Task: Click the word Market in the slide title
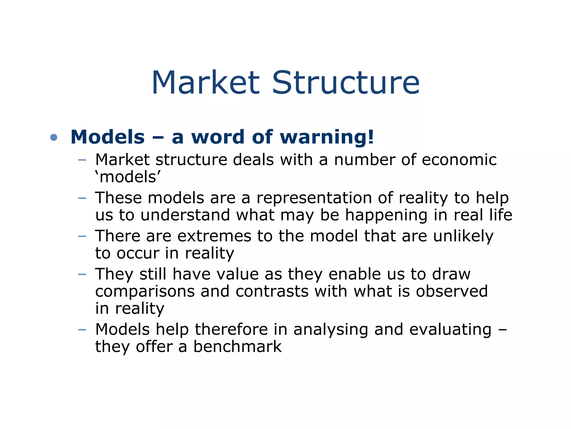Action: tap(206, 83)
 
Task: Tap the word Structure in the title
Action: tap(346, 83)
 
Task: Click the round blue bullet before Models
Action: tap(54, 137)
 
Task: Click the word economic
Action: tap(459, 160)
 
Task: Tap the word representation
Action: tap(314, 198)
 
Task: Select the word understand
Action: tap(185, 215)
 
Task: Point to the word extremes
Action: tap(214, 236)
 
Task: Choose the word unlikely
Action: tap(463, 237)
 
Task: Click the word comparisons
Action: tap(145, 292)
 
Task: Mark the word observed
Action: tap(452, 291)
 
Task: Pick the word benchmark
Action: tap(238, 347)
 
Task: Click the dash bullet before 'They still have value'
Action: tap(82, 274)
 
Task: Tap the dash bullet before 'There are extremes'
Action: tap(82, 236)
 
